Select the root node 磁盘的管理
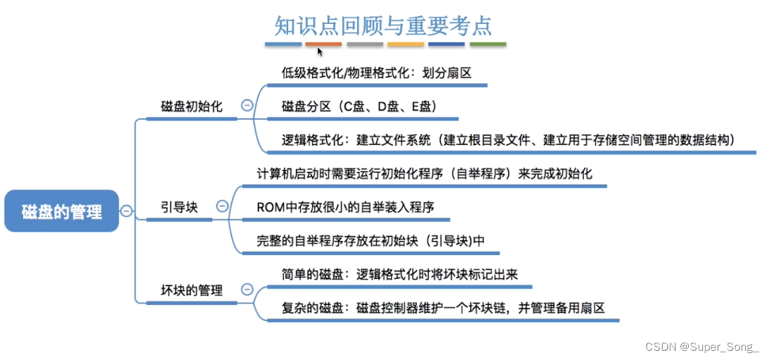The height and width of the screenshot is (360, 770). click(61, 211)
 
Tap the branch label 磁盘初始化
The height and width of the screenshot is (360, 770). click(192, 107)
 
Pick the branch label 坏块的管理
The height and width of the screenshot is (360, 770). click(192, 290)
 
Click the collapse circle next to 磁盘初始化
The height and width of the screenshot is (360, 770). click(247, 106)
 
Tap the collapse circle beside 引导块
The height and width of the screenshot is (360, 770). click(222, 206)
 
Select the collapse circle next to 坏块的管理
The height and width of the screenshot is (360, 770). click(247, 289)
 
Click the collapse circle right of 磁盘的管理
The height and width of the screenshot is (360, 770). click(126, 211)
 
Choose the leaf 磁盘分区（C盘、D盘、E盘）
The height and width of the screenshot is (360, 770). click(360, 106)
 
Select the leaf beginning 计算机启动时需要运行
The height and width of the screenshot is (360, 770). click(429, 173)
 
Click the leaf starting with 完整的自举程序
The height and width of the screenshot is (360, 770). click(371, 240)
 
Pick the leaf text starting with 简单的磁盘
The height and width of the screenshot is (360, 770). click(399, 274)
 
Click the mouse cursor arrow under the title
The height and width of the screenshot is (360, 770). click(320, 51)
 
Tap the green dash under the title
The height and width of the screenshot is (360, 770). click(488, 44)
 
